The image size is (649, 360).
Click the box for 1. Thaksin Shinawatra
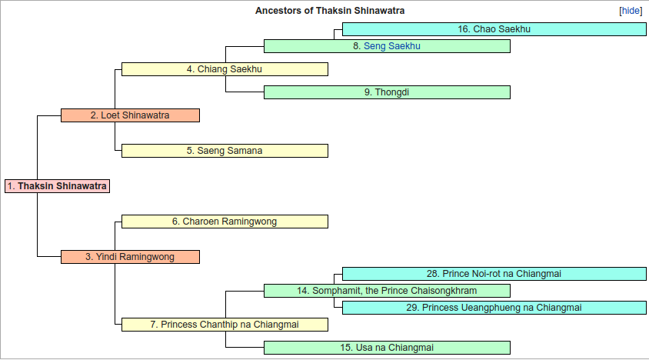click(x=57, y=186)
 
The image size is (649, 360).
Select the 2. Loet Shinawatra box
click(x=131, y=115)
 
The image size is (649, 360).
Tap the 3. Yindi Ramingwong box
click(x=131, y=257)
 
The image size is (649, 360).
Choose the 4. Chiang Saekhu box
click(x=225, y=69)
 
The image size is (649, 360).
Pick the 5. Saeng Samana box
click(x=225, y=151)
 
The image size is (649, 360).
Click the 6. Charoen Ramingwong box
click(x=225, y=222)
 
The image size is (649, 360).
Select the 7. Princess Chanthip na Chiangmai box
click(x=225, y=325)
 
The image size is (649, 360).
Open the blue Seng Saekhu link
click(x=392, y=46)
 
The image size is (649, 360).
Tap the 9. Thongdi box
click(x=387, y=92)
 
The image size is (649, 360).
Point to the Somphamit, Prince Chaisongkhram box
click(x=387, y=291)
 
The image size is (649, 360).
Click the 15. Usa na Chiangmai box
click(x=387, y=348)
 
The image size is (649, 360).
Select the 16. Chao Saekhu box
click(x=494, y=29)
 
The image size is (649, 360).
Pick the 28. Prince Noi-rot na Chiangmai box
click(x=494, y=274)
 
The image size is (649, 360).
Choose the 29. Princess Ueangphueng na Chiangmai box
click(x=494, y=308)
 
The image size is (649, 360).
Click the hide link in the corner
click(x=631, y=11)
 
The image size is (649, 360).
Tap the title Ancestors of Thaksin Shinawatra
click(x=330, y=11)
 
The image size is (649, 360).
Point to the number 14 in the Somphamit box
click(x=302, y=291)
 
